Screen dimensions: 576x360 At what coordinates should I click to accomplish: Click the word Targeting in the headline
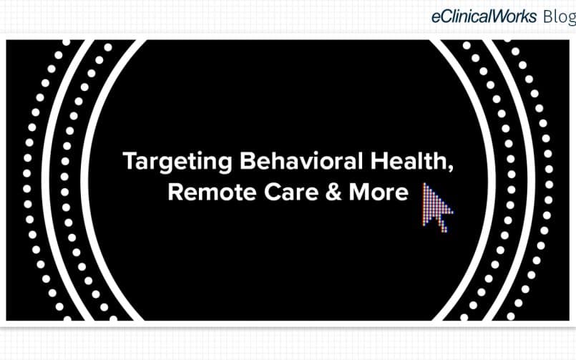point(177,162)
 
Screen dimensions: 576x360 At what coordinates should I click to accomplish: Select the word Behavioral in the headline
point(301,161)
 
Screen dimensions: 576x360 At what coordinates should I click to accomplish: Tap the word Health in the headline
point(409,161)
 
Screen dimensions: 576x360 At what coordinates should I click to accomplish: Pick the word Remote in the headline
point(212,192)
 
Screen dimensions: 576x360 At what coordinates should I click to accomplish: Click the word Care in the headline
point(291,192)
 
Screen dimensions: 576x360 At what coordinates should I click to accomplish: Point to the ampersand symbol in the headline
point(333,192)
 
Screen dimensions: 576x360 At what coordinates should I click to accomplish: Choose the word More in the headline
point(379,192)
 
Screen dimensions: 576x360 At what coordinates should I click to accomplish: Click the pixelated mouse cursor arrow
point(437,208)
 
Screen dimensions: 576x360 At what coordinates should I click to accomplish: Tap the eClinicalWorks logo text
point(484,16)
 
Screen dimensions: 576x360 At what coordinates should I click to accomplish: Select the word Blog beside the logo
point(560,17)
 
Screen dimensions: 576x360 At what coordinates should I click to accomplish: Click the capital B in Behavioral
point(248,161)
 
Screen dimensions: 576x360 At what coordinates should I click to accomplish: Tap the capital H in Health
point(379,161)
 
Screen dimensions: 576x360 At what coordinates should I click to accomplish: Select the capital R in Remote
point(175,192)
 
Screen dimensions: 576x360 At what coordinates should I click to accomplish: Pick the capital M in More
point(359,192)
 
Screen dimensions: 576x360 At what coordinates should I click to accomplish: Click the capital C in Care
point(273,192)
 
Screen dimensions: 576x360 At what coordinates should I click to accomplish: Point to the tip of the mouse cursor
point(424,183)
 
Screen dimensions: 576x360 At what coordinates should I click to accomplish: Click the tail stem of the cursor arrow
point(443,223)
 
